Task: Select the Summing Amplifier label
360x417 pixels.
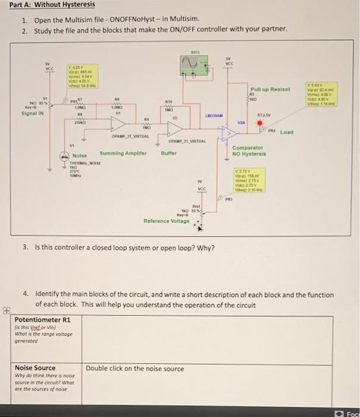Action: [x=123, y=153]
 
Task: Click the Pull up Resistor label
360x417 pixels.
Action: [x=270, y=89]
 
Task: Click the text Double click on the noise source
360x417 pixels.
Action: [x=135, y=369]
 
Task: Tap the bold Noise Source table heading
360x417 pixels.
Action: [x=35, y=368]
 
